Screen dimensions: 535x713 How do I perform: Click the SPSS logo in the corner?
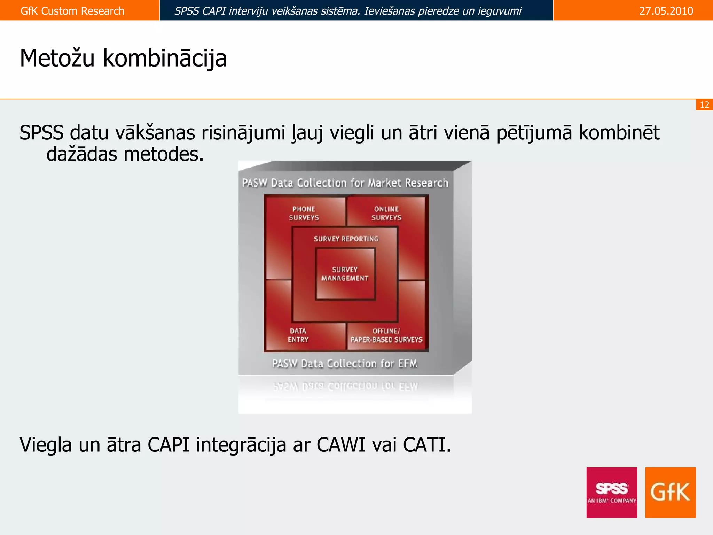612,492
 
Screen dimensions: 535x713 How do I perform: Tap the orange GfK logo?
670,492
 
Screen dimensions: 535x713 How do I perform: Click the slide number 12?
704,105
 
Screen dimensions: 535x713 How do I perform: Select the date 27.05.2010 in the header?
666,11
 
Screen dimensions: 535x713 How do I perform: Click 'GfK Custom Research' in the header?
72,11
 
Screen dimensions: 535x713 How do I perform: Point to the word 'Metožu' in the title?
57,58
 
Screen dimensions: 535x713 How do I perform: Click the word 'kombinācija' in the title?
165,58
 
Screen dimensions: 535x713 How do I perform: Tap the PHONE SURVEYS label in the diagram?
304,213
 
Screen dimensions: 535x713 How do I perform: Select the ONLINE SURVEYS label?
386,213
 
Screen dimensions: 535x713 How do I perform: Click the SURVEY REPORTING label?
346,239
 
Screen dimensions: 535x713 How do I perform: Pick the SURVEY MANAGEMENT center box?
345,274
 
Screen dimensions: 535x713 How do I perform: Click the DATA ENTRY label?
298,335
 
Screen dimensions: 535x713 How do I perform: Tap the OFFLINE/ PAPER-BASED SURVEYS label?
386,335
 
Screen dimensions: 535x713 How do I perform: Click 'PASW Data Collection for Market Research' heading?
345,183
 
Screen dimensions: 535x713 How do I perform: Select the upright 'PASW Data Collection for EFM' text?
344,364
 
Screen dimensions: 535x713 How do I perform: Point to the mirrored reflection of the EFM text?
345,387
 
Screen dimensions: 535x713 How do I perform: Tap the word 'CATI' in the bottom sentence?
426,445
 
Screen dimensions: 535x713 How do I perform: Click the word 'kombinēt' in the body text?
619,133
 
